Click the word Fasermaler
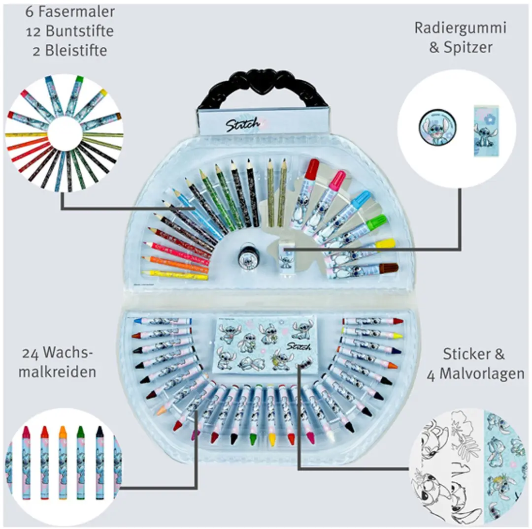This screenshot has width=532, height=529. point(76,12)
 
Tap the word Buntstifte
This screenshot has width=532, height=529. point(80,31)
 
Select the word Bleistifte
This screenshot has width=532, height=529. point(76,51)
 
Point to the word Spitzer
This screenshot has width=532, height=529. point(468,47)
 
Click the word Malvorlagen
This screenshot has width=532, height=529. point(482,374)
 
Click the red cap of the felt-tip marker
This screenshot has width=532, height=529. point(312,168)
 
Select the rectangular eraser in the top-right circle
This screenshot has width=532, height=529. point(486,131)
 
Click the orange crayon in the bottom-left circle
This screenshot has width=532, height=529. point(63,462)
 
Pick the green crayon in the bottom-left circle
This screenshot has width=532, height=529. point(81,462)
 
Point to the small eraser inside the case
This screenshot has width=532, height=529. point(285,256)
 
